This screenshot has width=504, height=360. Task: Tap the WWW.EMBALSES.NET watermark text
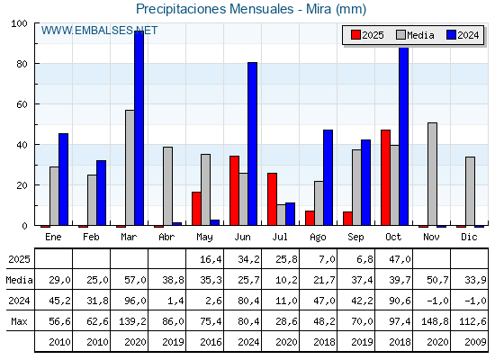point(98,31)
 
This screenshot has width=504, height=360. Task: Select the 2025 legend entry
point(367,35)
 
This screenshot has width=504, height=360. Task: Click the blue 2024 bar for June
point(253,144)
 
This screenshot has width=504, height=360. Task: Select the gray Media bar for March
point(130,167)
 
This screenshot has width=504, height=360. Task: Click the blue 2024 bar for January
point(63,179)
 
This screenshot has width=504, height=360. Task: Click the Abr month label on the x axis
point(167,236)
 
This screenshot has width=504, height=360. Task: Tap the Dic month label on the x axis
point(470,236)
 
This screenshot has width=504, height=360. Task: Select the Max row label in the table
point(18,321)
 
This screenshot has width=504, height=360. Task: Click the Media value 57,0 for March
point(130,280)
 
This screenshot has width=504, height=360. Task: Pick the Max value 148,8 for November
point(432,321)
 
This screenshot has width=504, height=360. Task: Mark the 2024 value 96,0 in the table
point(130,301)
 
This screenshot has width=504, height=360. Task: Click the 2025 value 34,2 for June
point(243,259)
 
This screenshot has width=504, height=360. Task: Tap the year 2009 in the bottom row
point(470,342)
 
